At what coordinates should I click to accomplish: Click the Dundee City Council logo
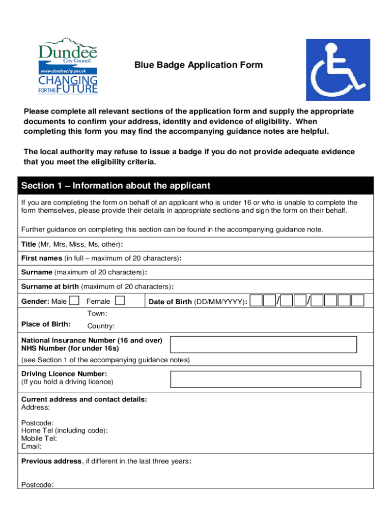pyautogui.click(x=68, y=65)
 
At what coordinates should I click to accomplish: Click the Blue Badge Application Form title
pyautogui.click(x=199, y=65)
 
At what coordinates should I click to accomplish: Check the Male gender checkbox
pyautogui.click(x=74, y=301)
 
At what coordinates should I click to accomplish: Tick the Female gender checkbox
pyautogui.click(x=121, y=301)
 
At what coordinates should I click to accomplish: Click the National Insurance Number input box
pyautogui.click(x=263, y=344)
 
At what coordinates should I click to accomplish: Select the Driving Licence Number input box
pyautogui.click(x=265, y=379)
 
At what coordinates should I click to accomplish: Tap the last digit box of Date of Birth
pyautogui.click(x=358, y=301)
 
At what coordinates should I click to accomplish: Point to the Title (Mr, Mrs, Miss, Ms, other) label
pyautogui.click(x=71, y=244)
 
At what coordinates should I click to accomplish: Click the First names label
pyautogui.click(x=42, y=258)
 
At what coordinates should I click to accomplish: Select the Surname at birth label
pyautogui.click(x=50, y=286)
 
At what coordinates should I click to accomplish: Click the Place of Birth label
pyautogui.click(x=46, y=324)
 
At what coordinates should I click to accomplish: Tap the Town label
pyautogui.click(x=97, y=313)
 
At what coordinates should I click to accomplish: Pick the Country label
pyautogui.click(x=101, y=326)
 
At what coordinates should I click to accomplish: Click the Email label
pyautogui.click(x=31, y=446)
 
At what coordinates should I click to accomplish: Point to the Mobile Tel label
pyautogui.click(x=39, y=438)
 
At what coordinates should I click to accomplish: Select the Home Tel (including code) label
pyautogui.click(x=64, y=430)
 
